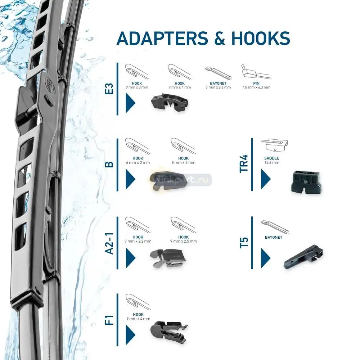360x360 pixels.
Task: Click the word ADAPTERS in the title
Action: pos(162,38)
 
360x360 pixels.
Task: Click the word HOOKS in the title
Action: pos(261,38)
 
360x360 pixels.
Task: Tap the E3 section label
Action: pos(109,89)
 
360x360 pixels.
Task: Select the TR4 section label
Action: pos(244,164)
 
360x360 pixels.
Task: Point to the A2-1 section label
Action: pos(109,243)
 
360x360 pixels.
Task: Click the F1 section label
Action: pos(109,320)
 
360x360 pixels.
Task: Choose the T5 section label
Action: pos(244,243)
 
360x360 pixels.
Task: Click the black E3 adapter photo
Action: pos(170,102)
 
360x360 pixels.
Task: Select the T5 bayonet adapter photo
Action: pos(303,256)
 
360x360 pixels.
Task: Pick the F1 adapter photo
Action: pos(169,331)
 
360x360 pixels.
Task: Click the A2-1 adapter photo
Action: pos(168,258)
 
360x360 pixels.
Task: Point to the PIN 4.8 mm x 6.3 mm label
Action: pos(256,85)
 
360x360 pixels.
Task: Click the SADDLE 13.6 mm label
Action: pos(272,160)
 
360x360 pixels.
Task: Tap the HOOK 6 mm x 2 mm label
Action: pos(138,160)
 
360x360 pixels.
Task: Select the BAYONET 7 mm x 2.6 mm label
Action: pos(218,85)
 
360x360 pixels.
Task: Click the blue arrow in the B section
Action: pos(130,179)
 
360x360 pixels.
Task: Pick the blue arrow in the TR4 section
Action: pos(266,179)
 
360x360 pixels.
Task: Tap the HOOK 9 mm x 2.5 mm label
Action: pos(184,239)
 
